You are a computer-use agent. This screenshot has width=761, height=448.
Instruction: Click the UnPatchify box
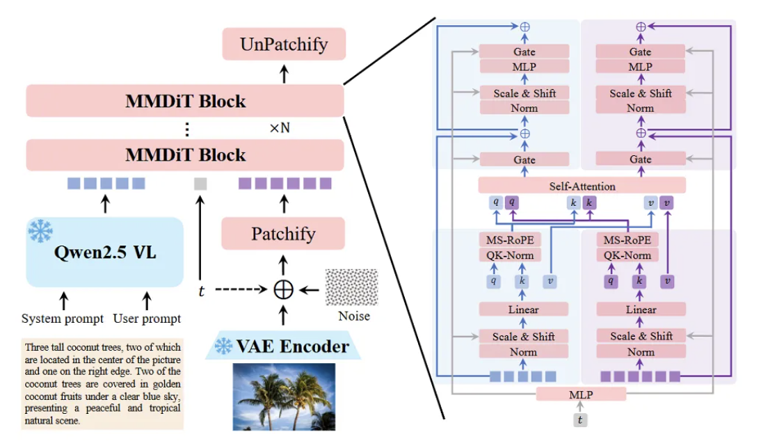coord(284,44)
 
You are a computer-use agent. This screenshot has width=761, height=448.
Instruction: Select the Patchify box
coord(283,234)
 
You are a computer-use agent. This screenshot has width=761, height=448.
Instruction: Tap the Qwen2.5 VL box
coord(105,252)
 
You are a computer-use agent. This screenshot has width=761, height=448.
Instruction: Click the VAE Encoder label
coord(292,346)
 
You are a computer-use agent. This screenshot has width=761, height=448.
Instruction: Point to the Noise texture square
coord(351,287)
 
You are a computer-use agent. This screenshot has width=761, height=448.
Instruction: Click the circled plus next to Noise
coord(283,290)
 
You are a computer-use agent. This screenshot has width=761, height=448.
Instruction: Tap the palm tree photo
coord(284,397)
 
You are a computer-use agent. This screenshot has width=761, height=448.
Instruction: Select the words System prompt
coord(62,319)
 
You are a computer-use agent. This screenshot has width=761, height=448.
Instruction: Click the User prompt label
coord(147,319)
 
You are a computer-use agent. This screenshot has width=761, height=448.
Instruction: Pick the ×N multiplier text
coord(280,128)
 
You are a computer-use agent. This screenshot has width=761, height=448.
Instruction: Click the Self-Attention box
coord(582,186)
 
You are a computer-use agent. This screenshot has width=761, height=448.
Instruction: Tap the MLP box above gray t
coord(581,394)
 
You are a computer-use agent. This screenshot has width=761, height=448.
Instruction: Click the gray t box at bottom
coord(580,420)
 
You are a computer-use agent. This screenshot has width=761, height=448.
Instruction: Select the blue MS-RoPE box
coord(510,240)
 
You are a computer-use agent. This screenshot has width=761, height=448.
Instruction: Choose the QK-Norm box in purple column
coord(627,255)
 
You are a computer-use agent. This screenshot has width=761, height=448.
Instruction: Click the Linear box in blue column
coord(524,309)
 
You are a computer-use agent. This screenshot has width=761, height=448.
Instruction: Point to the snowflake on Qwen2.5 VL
coord(40,231)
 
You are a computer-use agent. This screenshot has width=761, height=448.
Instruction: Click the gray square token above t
coord(200,184)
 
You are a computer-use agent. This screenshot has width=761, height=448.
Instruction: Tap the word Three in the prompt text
coord(36,347)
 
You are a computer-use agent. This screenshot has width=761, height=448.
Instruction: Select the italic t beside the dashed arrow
coord(202,291)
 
